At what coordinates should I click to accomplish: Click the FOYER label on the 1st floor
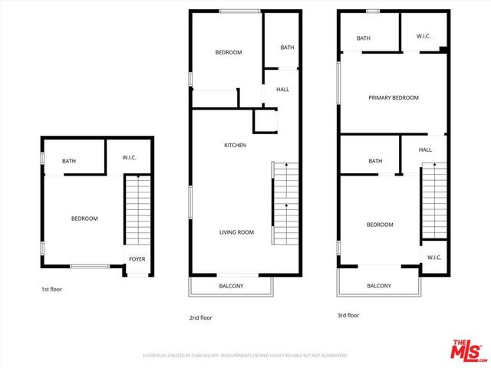137,258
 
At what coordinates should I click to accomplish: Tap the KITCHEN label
235,145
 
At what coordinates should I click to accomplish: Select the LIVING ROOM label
237,232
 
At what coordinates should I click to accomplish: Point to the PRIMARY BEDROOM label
394,97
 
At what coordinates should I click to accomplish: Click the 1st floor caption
52,290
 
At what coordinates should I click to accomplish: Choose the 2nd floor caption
201,317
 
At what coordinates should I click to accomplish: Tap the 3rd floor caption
348,315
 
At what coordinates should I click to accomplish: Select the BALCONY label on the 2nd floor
231,286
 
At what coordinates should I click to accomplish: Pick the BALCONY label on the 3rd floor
379,286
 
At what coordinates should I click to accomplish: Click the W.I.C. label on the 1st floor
130,158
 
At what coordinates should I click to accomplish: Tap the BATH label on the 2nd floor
287,48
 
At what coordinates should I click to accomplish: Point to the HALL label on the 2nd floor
282,90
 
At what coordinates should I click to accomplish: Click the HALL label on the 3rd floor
426,150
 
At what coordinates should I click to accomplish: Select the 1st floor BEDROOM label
84,219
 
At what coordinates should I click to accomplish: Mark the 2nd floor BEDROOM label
229,52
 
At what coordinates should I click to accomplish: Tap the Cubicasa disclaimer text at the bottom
245,356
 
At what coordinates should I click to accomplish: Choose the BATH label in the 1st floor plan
69,161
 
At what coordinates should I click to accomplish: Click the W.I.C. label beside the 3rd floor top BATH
424,36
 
